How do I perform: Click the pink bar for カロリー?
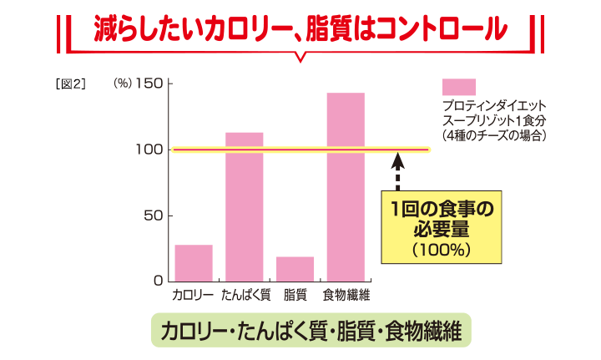[194, 262]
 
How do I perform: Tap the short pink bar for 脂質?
[295, 268]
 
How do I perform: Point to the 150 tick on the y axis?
[150, 84]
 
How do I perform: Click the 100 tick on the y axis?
[150, 150]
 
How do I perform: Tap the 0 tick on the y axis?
[158, 281]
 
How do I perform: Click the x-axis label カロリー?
[193, 295]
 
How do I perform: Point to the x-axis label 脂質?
[295, 295]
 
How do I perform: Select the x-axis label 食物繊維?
[346, 295]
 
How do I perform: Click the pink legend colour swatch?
[458, 87]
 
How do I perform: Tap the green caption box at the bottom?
[310, 330]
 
